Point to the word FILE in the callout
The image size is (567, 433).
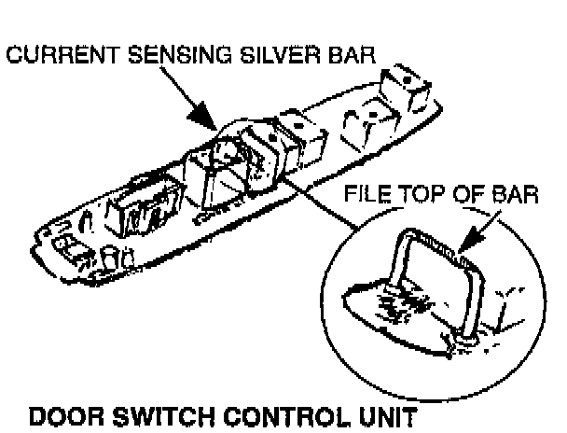(x=365, y=197)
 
